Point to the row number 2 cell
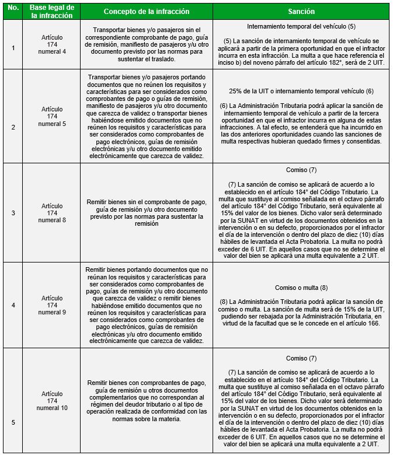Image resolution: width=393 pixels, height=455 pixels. pos(14,116)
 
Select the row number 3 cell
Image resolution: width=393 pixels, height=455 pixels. pos(14,212)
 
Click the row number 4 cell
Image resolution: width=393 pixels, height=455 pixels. pos(14,305)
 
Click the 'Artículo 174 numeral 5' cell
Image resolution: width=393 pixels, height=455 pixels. pos(53,116)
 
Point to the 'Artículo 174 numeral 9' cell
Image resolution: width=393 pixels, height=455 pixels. pos(53,305)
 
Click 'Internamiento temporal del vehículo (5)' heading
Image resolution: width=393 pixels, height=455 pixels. pos(301,27)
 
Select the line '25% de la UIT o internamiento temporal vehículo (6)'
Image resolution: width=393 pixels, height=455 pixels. pos(301,92)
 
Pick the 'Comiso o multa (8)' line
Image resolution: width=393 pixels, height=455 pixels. pos(301,288)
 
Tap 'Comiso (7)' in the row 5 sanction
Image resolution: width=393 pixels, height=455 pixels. pos(301,358)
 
